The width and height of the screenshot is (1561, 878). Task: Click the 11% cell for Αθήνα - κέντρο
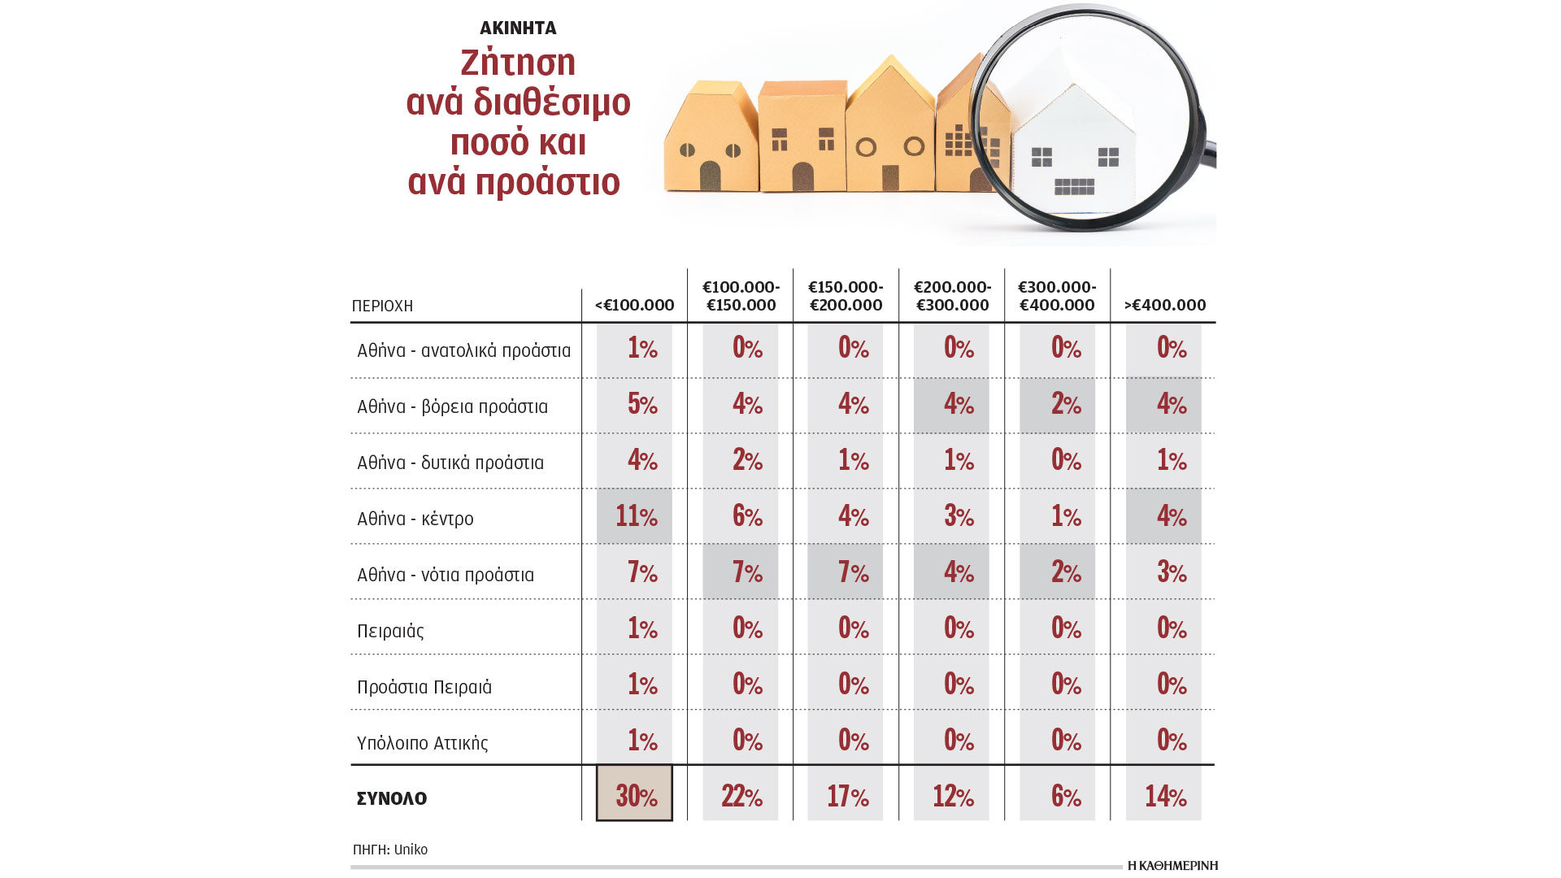(635, 516)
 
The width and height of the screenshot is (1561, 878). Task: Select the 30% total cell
(635, 794)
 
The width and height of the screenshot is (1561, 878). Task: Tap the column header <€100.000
(634, 305)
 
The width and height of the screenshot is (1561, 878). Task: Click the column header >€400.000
(1164, 305)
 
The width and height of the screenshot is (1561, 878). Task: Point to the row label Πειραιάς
(390, 631)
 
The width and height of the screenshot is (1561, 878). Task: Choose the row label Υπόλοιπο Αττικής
(422, 743)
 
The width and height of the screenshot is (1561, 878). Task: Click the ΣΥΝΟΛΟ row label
(392, 798)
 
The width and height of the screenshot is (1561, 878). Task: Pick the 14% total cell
(1164, 795)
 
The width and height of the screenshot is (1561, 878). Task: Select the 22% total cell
(741, 795)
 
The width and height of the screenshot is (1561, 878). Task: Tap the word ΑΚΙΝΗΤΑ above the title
(518, 28)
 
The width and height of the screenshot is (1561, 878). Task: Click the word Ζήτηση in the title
(518, 63)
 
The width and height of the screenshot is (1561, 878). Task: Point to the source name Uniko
(411, 850)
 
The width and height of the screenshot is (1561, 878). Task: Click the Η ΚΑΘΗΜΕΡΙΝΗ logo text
(1172, 866)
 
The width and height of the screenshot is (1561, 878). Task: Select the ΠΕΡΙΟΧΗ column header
(382, 306)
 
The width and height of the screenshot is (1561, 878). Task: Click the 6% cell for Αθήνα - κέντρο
(747, 516)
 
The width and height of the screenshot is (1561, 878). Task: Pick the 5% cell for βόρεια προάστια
(641, 404)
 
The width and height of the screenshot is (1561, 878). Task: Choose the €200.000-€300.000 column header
(952, 296)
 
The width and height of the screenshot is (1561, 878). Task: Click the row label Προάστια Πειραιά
(424, 687)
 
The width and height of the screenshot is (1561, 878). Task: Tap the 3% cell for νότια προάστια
(1171, 572)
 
